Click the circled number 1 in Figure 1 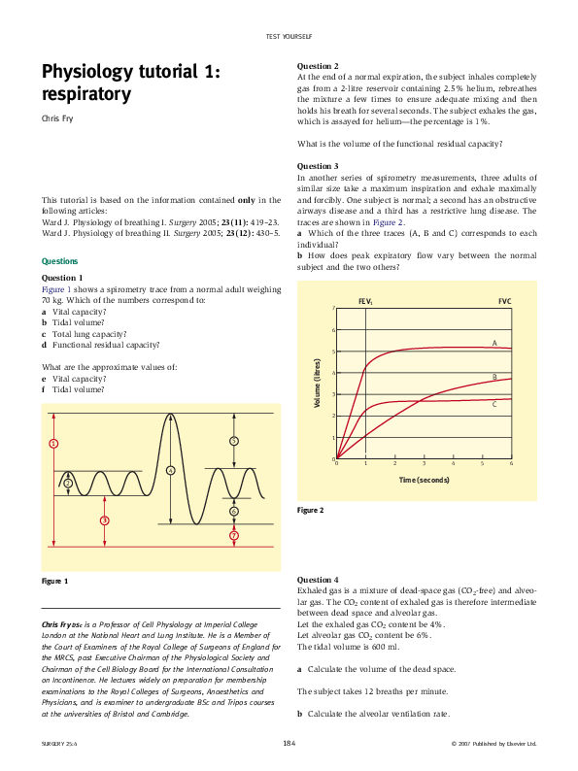point(53,444)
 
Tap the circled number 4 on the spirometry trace point(170,470)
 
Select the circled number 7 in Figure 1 point(234,535)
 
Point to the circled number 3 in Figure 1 point(104,520)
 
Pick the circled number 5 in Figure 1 point(234,441)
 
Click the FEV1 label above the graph point(365,302)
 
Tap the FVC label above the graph point(504,302)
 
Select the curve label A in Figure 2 point(494,343)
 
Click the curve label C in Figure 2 point(494,403)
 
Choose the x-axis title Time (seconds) point(424,480)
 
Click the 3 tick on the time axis point(424,465)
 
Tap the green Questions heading point(60,261)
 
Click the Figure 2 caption point(311,511)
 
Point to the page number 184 point(289,743)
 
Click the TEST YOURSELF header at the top point(289,36)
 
